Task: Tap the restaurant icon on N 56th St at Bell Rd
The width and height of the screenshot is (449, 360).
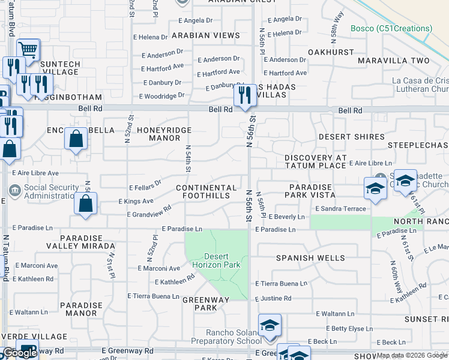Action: click(244, 95)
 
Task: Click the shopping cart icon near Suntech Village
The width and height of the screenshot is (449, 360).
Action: click(28, 49)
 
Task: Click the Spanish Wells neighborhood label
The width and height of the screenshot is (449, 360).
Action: click(310, 258)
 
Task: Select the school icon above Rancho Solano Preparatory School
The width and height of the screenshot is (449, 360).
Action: click(270, 325)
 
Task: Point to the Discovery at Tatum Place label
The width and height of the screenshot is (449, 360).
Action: click(316, 161)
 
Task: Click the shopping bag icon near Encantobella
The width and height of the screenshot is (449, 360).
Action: click(76, 139)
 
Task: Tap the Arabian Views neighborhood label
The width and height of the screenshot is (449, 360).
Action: click(205, 35)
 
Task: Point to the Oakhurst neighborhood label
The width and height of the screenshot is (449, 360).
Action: click(331, 52)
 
